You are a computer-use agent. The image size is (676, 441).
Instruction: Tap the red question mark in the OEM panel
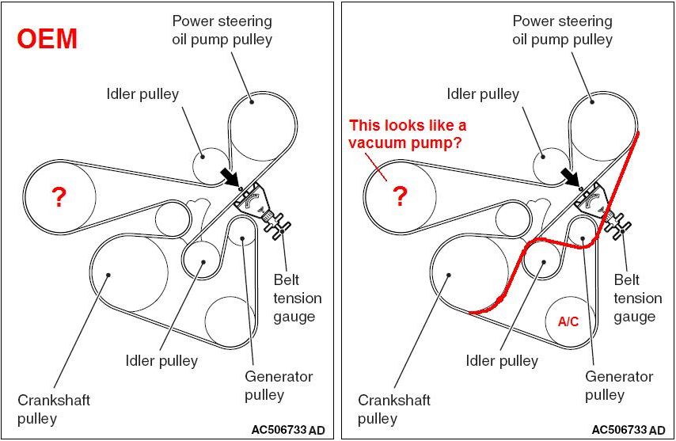tap(59, 198)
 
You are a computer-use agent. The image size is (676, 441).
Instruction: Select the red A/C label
tap(568, 322)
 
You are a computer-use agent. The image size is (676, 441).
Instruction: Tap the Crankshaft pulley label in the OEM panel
tap(54, 409)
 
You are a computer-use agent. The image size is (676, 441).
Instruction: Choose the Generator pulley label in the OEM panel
tap(279, 385)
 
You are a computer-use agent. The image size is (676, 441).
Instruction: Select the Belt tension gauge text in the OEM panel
tap(298, 298)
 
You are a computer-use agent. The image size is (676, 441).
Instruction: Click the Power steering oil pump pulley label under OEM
tap(222, 30)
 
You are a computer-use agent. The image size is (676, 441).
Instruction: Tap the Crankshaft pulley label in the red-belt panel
tap(393, 409)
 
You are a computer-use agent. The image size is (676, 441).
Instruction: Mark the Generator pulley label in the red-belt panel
tap(618, 385)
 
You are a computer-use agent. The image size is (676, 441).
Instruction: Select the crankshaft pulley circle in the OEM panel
tap(128, 273)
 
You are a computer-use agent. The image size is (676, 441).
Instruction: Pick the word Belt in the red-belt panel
tap(628, 280)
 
